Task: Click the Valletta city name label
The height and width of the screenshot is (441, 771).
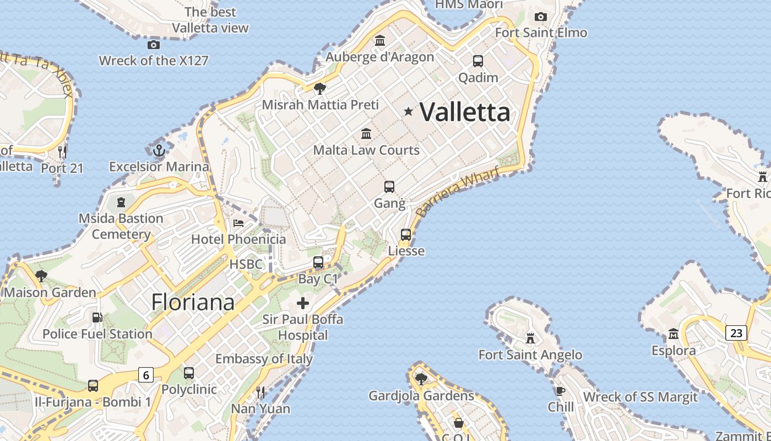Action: pyautogui.click(x=465, y=112)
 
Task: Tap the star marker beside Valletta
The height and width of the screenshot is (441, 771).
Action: pyautogui.click(x=408, y=111)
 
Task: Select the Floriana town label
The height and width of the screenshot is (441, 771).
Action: pyautogui.click(x=193, y=302)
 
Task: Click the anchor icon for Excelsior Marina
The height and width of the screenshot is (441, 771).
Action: pyautogui.click(x=159, y=150)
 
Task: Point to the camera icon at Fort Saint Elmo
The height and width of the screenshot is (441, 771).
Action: pyautogui.click(x=541, y=17)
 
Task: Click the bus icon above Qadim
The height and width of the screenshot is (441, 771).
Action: pyautogui.click(x=478, y=61)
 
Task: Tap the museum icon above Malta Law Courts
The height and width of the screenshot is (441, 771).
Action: pyautogui.click(x=366, y=133)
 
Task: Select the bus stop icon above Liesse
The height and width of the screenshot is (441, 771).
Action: pyautogui.click(x=406, y=235)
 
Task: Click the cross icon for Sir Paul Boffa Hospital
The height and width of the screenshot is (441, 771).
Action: pyautogui.click(x=303, y=303)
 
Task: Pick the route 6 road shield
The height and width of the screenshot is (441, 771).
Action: pyautogui.click(x=145, y=375)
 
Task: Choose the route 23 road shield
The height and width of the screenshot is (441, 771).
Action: pyautogui.click(x=736, y=332)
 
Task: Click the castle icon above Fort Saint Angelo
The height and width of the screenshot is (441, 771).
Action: pyautogui.click(x=530, y=337)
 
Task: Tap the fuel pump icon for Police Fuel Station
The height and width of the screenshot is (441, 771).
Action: pyautogui.click(x=97, y=318)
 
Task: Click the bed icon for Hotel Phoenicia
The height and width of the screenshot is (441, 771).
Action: pyautogui.click(x=238, y=223)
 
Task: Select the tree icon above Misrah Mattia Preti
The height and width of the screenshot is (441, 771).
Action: pyautogui.click(x=319, y=88)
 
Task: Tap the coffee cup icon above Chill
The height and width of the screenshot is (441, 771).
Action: pyautogui.click(x=561, y=391)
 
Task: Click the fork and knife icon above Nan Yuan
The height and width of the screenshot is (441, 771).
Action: pyautogui.click(x=260, y=392)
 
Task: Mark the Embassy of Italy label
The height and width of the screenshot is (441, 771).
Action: pyautogui.click(x=264, y=359)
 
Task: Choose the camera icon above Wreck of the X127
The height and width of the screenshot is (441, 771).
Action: pyautogui.click(x=154, y=45)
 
